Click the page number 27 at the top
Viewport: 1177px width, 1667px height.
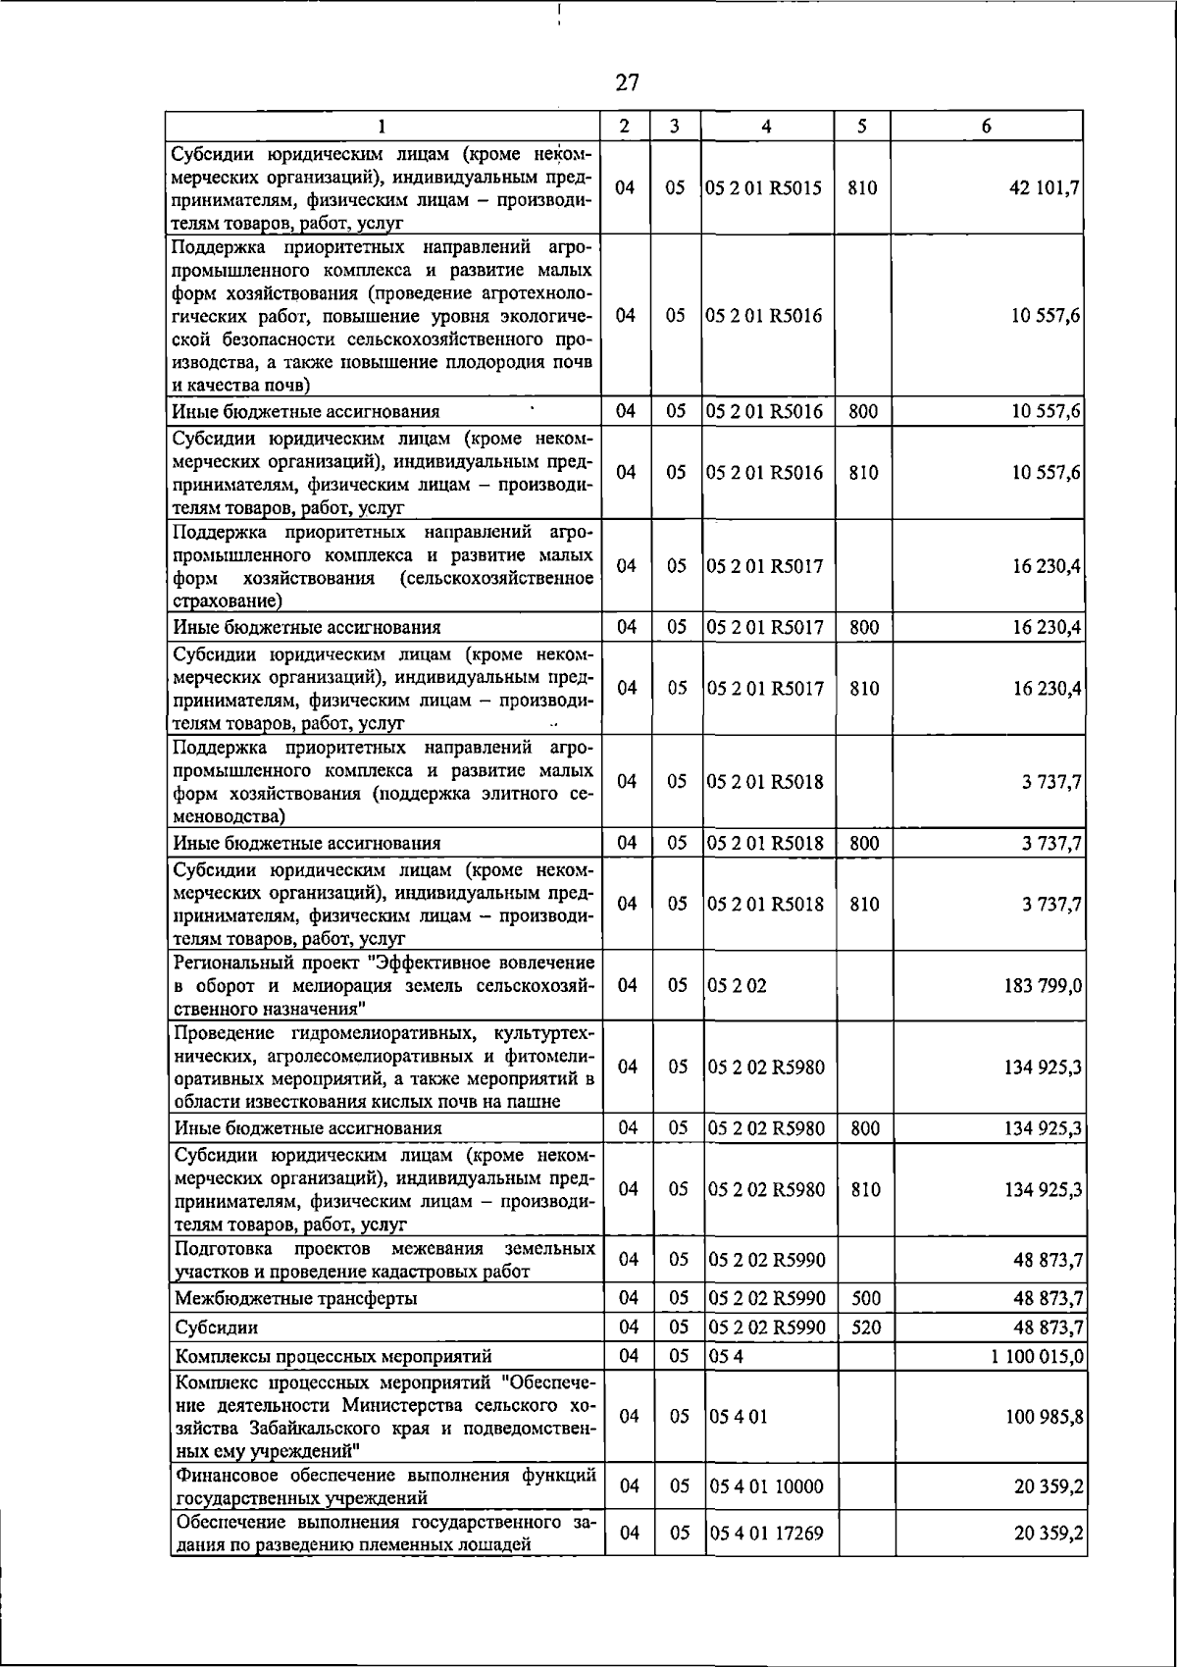(628, 82)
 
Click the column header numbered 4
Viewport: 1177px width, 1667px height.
(766, 126)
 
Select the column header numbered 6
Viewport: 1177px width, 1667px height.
(986, 126)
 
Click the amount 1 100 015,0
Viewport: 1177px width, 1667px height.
(1036, 1356)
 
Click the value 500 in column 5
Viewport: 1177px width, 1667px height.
(865, 1298)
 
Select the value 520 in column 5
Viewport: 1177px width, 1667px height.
(865, 1328)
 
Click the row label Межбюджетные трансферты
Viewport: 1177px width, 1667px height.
(295, 1298)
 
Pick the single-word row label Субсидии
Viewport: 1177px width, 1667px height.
(216, 1328)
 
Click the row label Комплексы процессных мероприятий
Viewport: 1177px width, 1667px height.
(333, 1356)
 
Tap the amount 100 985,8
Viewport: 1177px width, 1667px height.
(1045, 1417)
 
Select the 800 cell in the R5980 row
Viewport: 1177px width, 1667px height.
(864, 1128)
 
